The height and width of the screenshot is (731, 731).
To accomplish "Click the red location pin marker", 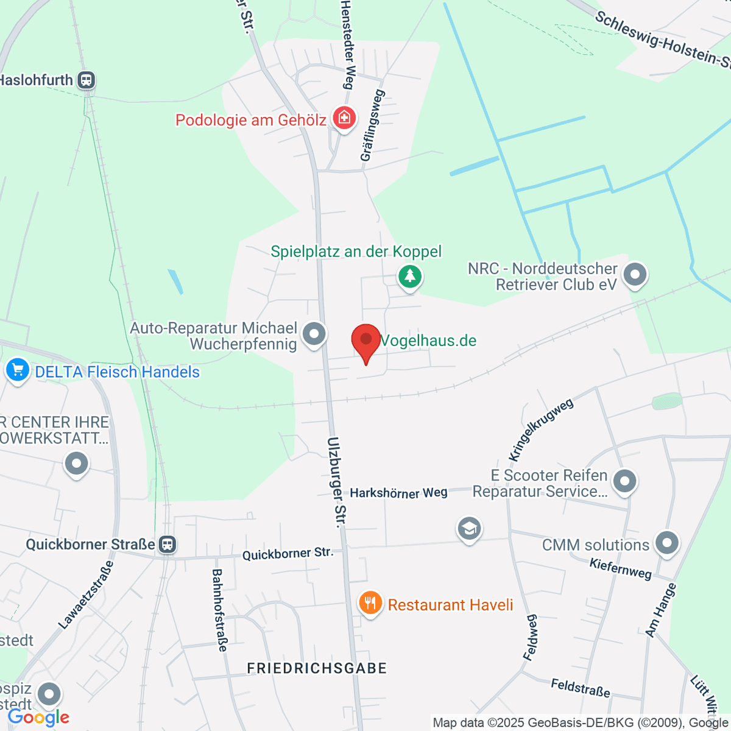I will coord(366,340).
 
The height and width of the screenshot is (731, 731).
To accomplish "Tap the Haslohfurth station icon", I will coord(87,80).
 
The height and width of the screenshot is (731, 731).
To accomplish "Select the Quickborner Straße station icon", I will coord(167,544).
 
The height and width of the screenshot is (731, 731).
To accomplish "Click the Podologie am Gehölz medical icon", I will coord(344,118).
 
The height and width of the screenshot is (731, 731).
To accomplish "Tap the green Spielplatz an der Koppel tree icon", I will coord(411,277).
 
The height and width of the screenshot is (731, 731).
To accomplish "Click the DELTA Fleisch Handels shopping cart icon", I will coord(18,370).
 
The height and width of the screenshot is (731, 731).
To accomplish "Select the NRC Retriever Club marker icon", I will coord(635,275).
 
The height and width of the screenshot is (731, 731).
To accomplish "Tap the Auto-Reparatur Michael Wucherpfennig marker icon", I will coord(314,334).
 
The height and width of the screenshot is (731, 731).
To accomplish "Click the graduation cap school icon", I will coord(469,529).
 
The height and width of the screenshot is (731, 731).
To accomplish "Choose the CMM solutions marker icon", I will coord(667,542).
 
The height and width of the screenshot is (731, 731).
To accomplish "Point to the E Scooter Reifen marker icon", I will coord(624,481).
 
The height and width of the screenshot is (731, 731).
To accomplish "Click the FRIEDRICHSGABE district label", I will coord(317,668).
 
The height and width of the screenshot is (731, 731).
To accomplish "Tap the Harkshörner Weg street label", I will coord(398,493).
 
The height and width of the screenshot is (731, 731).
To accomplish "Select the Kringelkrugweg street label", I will coord(540,430).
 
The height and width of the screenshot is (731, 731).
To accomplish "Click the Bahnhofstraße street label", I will coord(219,610).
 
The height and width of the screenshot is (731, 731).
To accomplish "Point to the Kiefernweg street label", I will coord(620,568).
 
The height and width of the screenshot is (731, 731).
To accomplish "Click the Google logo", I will coord(38,718).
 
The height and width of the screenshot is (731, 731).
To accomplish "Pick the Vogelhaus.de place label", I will coord(428,341).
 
